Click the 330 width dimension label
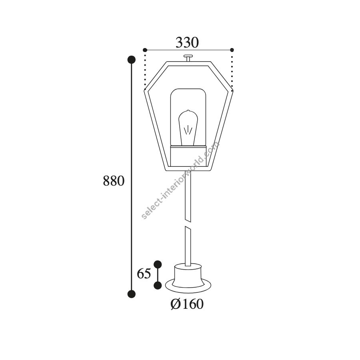pyautogui.click(x=187, y=43)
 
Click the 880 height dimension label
pyautogui.click(x=114, y=181)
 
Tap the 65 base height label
pyautogui.click(x=144, y=274)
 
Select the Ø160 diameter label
pyautogui.click(x=187, y=304)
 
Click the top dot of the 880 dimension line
pyautogui.click(x=132, y=60)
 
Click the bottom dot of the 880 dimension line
pyautogui.click(x=132, y=294)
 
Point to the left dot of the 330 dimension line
pyautogui.click(x=145, y=50)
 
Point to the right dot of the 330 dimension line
pyautogui.click(x=232, y=50)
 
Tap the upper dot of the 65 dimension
pyautogui.click(x=158, y=264)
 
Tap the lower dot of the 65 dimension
pyautogui.click(x=158, y=285)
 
